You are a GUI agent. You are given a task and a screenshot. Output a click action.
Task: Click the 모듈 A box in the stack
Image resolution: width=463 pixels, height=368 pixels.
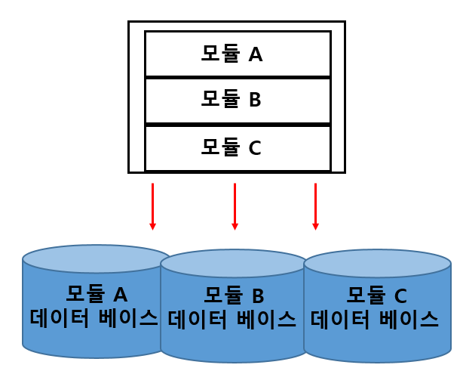[237, 54]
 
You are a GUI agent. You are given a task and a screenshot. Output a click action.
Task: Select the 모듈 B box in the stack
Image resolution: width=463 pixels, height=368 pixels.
[237, 100]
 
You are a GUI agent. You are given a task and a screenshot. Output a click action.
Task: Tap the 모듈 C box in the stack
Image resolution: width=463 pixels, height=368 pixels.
[237, 147]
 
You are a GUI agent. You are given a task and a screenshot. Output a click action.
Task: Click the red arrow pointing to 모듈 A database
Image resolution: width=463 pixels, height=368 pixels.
[152, 206]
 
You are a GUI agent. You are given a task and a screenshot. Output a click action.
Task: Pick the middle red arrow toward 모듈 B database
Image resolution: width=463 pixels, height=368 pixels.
[235, 206]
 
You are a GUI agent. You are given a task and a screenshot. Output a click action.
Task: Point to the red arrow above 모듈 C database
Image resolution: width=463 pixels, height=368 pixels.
[315, 206]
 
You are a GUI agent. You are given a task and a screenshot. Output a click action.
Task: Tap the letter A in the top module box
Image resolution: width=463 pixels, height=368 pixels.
[256, 54]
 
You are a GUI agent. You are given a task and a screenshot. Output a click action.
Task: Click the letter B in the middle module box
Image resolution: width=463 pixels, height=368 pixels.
[255, 100]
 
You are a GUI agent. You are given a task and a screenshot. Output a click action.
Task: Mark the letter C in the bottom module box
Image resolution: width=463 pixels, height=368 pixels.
[255, 148]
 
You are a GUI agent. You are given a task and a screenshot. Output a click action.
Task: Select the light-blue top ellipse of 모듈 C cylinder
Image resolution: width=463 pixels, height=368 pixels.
[377, 263]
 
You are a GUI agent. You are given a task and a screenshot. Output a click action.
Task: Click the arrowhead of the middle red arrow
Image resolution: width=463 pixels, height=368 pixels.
[235, 225]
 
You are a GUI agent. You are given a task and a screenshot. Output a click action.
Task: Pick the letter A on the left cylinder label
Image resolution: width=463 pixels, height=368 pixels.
[120, 293]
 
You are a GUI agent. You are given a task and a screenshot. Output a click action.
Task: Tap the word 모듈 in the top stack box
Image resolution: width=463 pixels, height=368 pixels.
[219, 54]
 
